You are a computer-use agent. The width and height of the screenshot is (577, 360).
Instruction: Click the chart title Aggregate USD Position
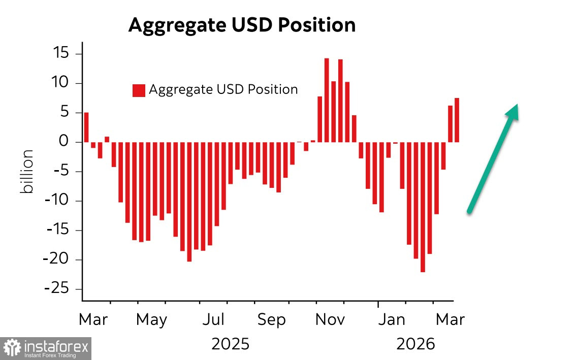tap(242, 25)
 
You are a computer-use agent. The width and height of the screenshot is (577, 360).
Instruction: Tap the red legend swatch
tap(139, 90)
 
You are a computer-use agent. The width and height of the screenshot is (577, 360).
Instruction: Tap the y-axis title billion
tap(27, 171)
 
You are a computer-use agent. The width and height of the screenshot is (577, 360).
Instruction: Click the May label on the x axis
tap(151, 320)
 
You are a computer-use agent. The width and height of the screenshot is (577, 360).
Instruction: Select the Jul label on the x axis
tap(213, 320)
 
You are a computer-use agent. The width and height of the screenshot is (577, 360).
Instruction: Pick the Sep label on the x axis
tap(272, 320)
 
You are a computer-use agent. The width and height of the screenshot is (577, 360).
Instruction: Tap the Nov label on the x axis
tap(330, 320)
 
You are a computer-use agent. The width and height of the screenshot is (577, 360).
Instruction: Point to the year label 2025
tap(231, 344)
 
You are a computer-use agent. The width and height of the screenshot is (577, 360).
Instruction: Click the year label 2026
tap(416, 344)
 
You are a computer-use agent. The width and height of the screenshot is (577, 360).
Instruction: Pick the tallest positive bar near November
tap(327, 100)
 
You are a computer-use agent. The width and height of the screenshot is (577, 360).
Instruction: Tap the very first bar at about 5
tap(86, 127)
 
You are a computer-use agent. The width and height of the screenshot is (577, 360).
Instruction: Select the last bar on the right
tap(457, 120)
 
